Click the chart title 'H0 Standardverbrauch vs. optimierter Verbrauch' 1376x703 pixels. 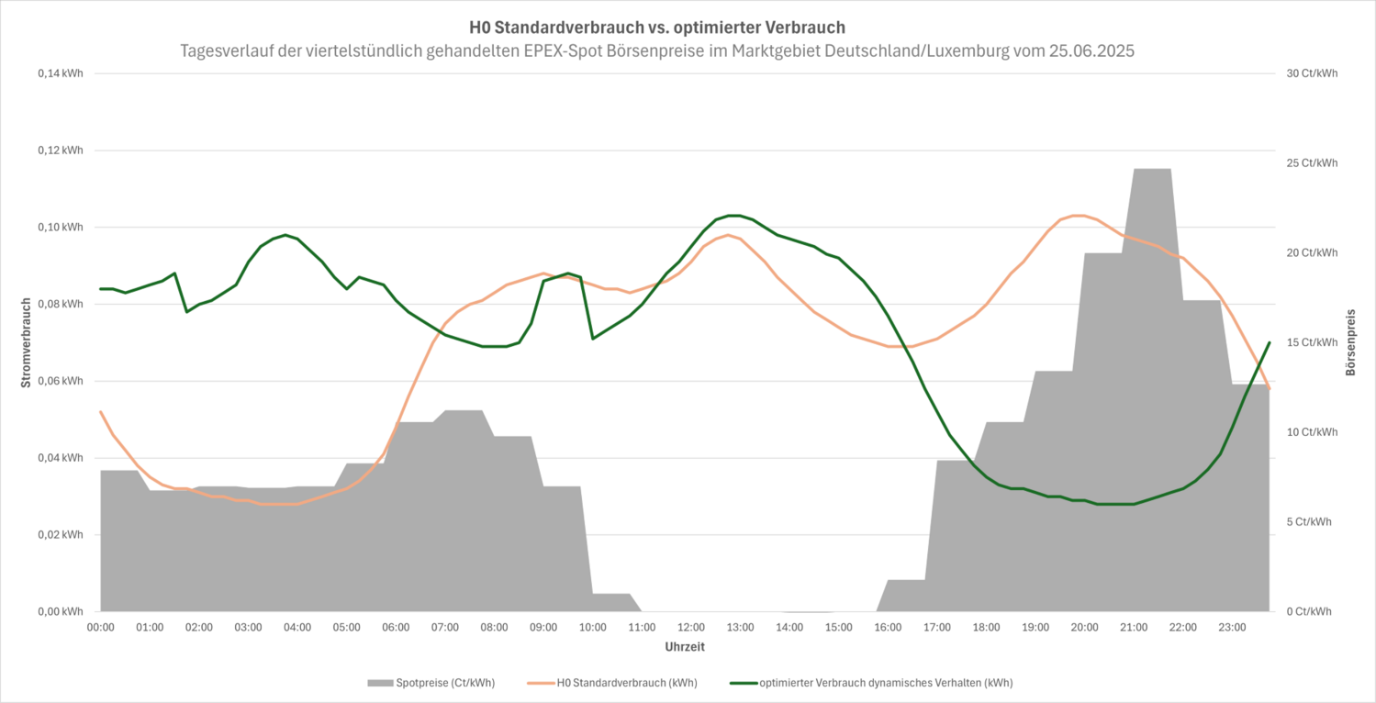656,28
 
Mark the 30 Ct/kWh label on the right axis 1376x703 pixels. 1313,73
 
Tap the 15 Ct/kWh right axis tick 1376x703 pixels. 1313,342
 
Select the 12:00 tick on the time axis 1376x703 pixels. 691,628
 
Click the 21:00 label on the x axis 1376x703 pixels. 1134,628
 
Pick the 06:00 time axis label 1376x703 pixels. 396,628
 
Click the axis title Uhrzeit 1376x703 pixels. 685,647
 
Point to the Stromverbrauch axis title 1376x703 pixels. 27,341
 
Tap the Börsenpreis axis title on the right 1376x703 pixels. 1349,341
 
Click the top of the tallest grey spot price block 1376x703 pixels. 1151,169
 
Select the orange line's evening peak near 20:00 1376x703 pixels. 1079,216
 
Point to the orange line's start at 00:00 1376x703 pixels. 101,411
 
